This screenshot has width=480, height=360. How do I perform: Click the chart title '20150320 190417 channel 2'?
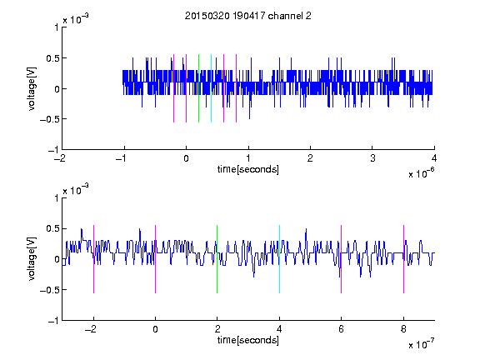pos(248,16)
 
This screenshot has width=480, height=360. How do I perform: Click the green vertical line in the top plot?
pos(198,88)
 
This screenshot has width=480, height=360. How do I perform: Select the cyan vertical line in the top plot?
pos(211,88)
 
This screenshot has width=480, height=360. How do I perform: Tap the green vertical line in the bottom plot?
pos(217,259)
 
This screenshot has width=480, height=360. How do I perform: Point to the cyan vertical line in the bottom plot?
pos(279,259)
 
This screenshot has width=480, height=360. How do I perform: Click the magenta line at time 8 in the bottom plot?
pos(404,259)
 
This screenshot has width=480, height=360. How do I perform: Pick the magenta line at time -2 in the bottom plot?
pos(93,259)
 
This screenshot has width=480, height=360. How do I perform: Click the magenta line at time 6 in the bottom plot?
pos(342,259)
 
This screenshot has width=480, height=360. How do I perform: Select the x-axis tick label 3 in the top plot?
pos(372,158)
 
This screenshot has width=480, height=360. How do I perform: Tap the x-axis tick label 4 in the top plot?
pos(434,158)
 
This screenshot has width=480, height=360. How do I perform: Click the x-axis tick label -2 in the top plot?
pos(59,158)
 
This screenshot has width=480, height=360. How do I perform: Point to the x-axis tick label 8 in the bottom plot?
pos(403,329)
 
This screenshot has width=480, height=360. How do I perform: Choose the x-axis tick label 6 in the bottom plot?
pos(342,329)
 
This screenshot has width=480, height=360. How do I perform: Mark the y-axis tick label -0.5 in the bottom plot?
pos(49,290)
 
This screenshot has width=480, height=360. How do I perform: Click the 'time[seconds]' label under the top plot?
pos(248,169)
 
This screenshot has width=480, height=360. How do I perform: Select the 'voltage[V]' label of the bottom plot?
pos(32,259)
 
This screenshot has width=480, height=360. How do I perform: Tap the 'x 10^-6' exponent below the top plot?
pos(421,173)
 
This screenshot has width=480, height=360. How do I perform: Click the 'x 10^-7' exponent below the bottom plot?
pos(421,344)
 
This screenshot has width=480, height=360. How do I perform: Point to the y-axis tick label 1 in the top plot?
pos(57,27)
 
